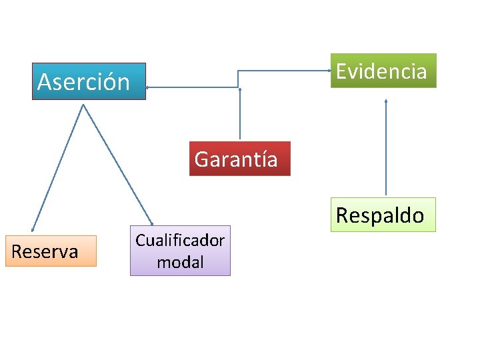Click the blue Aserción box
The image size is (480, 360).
[x=89, y=81]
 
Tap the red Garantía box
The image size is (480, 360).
[x=239, y=159]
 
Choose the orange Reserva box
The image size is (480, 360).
[x=51, y=251]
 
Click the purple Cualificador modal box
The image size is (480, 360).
[x=180, y=251]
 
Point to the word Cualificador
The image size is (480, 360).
[x=180, y=241]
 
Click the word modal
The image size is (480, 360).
[x=180, y=262]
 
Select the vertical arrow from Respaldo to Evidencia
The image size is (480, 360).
[x=386, y=147]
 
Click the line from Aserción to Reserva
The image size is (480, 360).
[x=57, y=167]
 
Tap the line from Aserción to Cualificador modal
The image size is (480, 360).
[x=117, y=164]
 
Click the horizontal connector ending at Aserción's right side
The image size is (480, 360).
[x=193, y=87]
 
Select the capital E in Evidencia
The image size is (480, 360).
[x=341, y=71]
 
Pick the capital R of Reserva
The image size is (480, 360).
[x=17, y=251]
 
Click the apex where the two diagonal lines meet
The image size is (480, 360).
[x=83, y=105]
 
